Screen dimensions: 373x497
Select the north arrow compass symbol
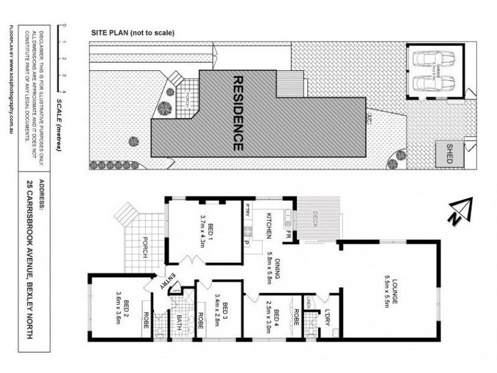(x=460, y=210)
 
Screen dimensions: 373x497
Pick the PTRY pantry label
(x=247, y=208)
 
